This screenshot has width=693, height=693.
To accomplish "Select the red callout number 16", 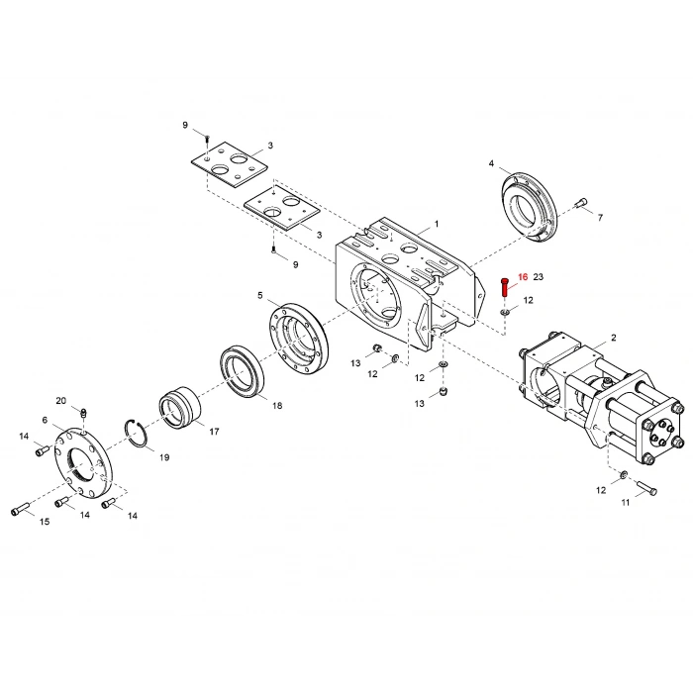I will coord(523,278).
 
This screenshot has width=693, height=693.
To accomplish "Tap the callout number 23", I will coord(540,278).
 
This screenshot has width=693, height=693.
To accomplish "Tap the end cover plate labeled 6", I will coord(83,463).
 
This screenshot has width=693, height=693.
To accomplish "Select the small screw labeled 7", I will coord(580,205).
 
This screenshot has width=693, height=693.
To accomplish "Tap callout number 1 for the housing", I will coord(437,225).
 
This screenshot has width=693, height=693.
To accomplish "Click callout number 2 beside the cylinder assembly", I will coord(613,338).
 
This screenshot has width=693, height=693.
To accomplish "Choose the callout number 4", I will coord(491,162).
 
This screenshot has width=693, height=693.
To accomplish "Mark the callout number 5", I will coord(260,295).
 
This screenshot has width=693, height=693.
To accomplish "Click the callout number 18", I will coord(277,406).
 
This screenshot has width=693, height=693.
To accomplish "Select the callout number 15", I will coord(45,521).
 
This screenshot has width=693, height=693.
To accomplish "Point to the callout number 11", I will coord(626,503).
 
